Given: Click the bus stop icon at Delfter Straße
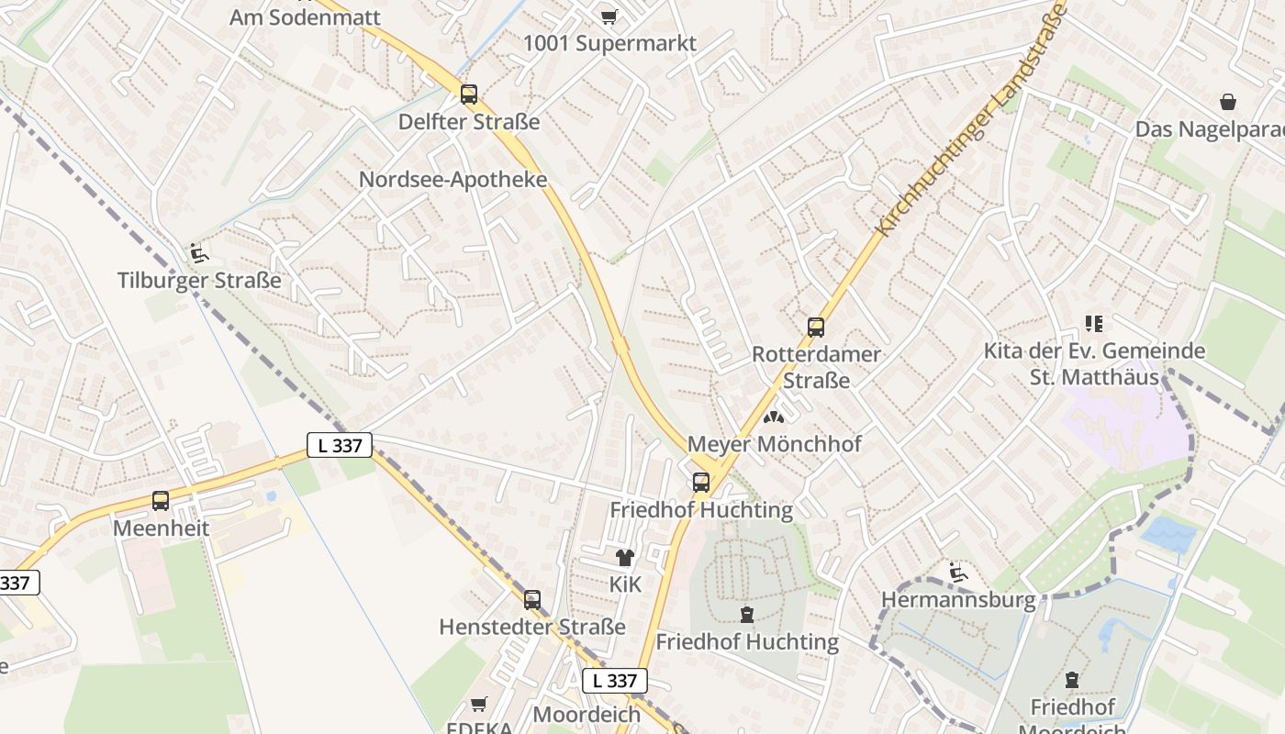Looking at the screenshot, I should pyautogui.click(x=469, y=94).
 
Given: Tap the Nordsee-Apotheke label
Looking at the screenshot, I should pyautogui.click(x=453, y=179).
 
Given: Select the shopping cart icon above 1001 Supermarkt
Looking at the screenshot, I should pyautogui.click(x=609, y=17).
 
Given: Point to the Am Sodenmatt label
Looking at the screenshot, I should pyautogui.click(x=305, y=17).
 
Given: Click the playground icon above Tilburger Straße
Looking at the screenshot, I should pyautogui.click(x=198, y=252).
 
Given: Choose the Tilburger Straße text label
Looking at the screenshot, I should pyautogui.click(x=199, y=280).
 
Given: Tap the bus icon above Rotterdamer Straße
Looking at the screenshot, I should pyautogui.click(x=815, y=327).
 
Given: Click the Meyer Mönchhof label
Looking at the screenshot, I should pyautogui.click(x=775, y=444).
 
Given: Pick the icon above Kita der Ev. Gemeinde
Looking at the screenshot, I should pyautogui.click(x=1093, y=323).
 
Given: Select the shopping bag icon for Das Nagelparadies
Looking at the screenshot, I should pyautogui.click(x=1228, y=102).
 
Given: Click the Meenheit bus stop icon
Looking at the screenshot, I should pyautogui.click(x=161, y=501).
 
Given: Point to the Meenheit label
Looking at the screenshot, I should pyautogui.click(x=161, y=528).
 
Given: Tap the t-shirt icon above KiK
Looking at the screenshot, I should pyautogui.click(x=625, y=557).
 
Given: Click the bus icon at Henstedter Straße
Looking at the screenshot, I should pyautogui.click(x=532, y=600).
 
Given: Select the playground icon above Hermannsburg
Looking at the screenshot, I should pyautogui.click(x=958, y=573).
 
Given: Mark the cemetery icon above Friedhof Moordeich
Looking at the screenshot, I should pyautogui.click(x=1071, y=680).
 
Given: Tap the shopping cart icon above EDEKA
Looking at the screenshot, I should pyautogui.click(x=478, y=704).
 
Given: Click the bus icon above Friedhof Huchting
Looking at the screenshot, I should pyautogui.click(x=701, y=482).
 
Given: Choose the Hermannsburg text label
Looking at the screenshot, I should pyautogui.click(x=958, y=600).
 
